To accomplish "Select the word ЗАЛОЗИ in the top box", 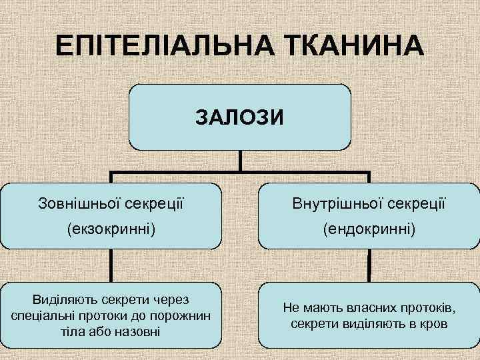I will click(239, 118).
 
